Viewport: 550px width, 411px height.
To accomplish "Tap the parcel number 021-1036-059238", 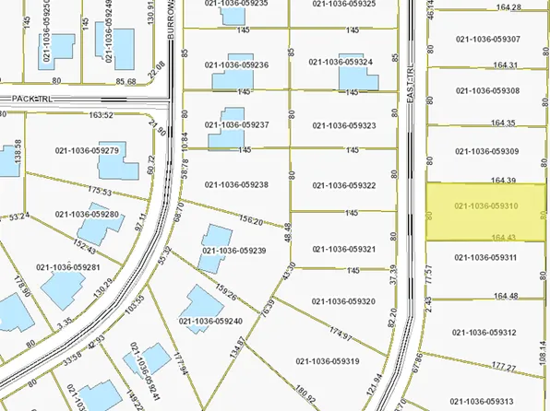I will (236, 184).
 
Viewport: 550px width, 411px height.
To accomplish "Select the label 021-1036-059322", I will (344, 184).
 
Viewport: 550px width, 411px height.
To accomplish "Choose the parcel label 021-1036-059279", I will (88, 149).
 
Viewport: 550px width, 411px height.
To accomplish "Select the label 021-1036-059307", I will (486, 39).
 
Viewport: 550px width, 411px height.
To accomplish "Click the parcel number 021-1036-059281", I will (67, 267).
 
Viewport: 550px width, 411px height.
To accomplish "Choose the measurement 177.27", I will (505, 367).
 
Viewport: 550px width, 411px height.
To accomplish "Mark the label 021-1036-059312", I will (483, 332).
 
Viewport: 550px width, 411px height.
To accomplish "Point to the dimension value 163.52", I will (102, 115).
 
